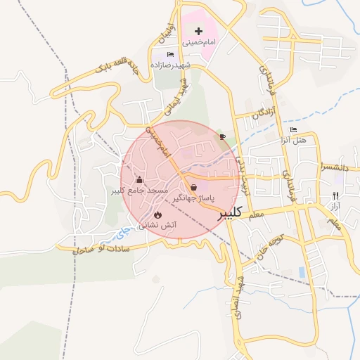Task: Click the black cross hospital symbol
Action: pos(199,31)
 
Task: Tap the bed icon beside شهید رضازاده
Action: pos(169,55)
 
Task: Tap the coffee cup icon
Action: pos(223,136)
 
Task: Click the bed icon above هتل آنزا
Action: pos(293,130)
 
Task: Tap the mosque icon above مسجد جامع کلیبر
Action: pos(139,179)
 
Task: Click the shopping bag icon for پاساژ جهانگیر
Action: pos(193,188)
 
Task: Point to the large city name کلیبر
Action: pos(233,212)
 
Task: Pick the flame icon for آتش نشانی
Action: pos(157,214)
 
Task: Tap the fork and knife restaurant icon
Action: pos(335,195)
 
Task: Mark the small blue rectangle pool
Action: pos(302,271)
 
